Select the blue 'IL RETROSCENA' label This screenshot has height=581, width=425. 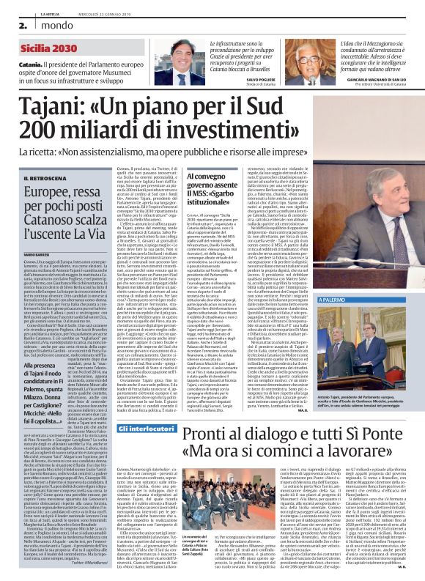(x=44, y=177)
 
